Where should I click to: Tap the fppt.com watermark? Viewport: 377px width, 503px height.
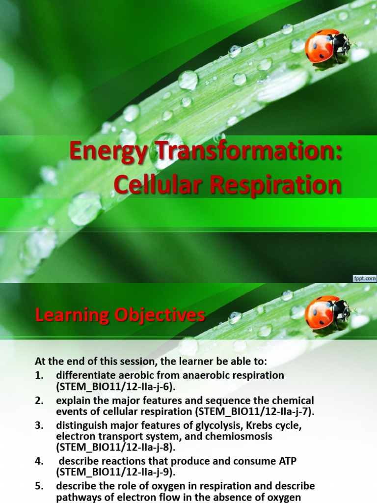click(x=364, y=279)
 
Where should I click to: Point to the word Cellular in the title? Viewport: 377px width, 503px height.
click(x=153, y=185)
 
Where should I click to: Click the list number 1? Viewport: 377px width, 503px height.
click(x=39, y=376)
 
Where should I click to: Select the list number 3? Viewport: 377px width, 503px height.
click(x=39, y=425)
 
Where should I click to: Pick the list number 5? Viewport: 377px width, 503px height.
click(x=39, y=486)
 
